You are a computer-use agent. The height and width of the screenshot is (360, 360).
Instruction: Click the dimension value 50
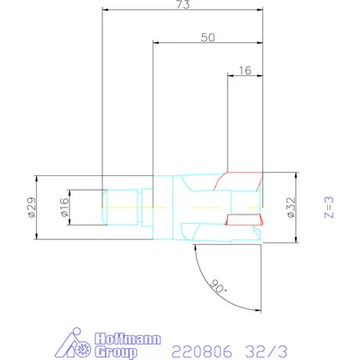207,37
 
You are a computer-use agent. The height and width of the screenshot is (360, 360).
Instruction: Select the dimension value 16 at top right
244,70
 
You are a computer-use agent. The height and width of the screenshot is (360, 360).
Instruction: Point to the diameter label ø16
65,208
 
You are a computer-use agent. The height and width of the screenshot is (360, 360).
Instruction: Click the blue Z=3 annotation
329,208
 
